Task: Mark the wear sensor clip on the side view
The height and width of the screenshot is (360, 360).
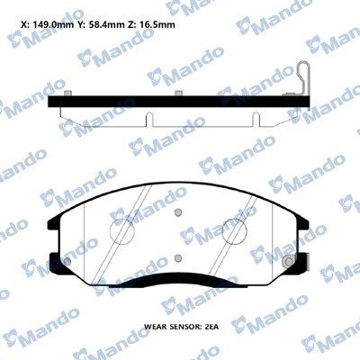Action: (x=305, y=76)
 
